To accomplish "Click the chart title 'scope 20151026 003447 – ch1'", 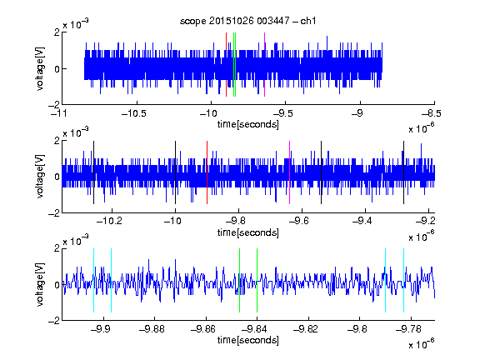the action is tap(247, 21).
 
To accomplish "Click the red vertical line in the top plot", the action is tap(226, 65).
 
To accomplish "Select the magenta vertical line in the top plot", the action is tap(264, 65).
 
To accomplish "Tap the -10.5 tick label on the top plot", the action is tap(134, 113).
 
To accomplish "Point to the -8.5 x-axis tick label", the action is tap(432, 113).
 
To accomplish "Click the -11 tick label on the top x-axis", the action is tap(59, 113).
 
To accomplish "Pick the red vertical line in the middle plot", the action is tap(207, 172).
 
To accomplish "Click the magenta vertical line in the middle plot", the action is tap(290, 172).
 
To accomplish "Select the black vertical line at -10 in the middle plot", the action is tap(175, 172).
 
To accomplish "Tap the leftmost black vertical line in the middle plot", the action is tap(93, 172).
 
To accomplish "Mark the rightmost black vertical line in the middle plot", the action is tap(404, 172).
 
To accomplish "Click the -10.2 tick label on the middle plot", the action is tap(109, 221).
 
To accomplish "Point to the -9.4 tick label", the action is tap(362, 221).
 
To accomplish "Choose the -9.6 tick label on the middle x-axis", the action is tap(299, 221).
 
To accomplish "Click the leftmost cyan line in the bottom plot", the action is tap(93, 280).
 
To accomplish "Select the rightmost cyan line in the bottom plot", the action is tap(404, 280).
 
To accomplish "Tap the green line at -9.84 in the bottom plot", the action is tap(257, 280).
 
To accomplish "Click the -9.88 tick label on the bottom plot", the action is tap(152, 329).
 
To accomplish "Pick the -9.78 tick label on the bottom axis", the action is tap(408, 329).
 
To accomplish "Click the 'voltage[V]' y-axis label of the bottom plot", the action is tap(40, 284).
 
